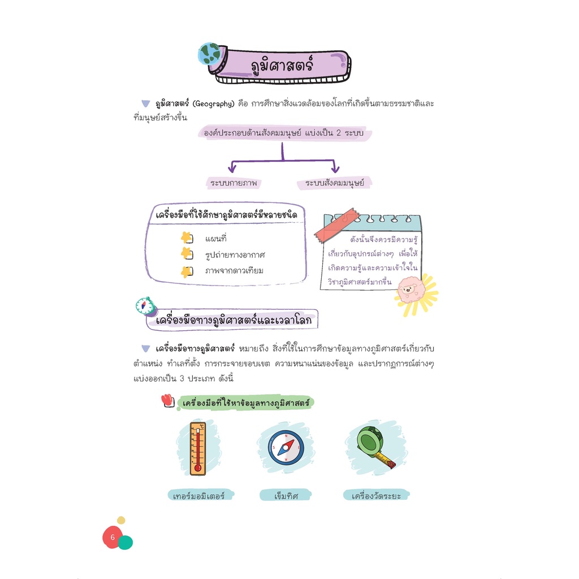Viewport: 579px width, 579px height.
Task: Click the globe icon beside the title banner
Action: [x=209, y=54]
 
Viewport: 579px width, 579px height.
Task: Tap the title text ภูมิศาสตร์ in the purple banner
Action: [x=282, y=65]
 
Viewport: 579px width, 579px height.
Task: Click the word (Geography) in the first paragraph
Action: [x=213, y=104]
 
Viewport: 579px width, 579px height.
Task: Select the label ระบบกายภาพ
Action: [x=234, y=183]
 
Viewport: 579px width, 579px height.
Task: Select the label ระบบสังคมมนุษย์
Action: [x=334, y=183]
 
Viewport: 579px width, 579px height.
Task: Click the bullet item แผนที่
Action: [x=215, y=239]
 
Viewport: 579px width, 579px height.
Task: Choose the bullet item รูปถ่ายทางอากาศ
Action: [x=235, y=255]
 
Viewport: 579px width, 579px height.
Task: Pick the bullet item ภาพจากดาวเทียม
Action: [x=234, y=271]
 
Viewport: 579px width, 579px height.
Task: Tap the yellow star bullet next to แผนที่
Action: [x=187, y=237]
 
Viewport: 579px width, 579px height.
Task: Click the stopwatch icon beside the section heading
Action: [x=145, y=306]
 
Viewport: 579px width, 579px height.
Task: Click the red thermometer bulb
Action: [x=197, y=468]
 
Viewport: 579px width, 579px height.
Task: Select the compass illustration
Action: [x=286, y=448]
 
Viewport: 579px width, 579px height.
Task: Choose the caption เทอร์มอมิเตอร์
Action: [x=198, y=495]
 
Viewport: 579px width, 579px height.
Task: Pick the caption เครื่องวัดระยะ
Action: [x=376, y=495]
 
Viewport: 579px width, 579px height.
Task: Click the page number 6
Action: [x=113, y=537]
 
